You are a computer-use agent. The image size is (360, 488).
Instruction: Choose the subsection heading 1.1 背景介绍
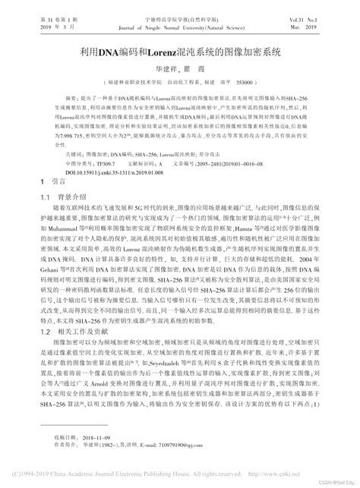point(62,197)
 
